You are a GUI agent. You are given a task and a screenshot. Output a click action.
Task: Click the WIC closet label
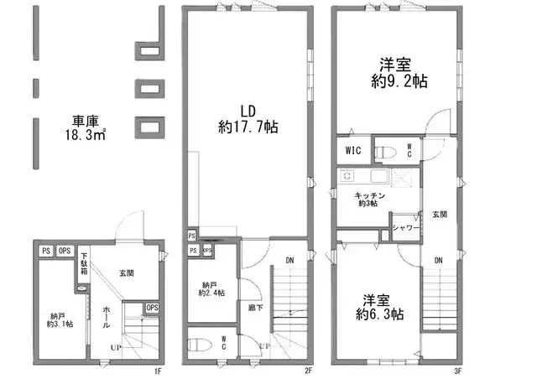352,152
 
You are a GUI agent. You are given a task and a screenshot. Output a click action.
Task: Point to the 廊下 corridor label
253,308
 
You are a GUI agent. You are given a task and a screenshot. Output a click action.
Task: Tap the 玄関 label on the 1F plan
127,273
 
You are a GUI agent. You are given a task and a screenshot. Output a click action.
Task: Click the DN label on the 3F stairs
438,261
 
